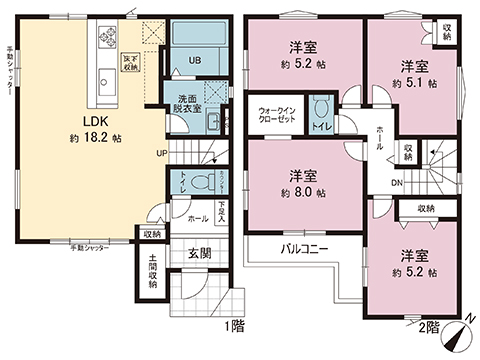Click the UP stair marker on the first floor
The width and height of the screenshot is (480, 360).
161,153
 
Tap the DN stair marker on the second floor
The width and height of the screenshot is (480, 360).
396,183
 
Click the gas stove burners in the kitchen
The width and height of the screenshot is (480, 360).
108,41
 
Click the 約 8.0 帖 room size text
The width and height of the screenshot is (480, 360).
300,192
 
